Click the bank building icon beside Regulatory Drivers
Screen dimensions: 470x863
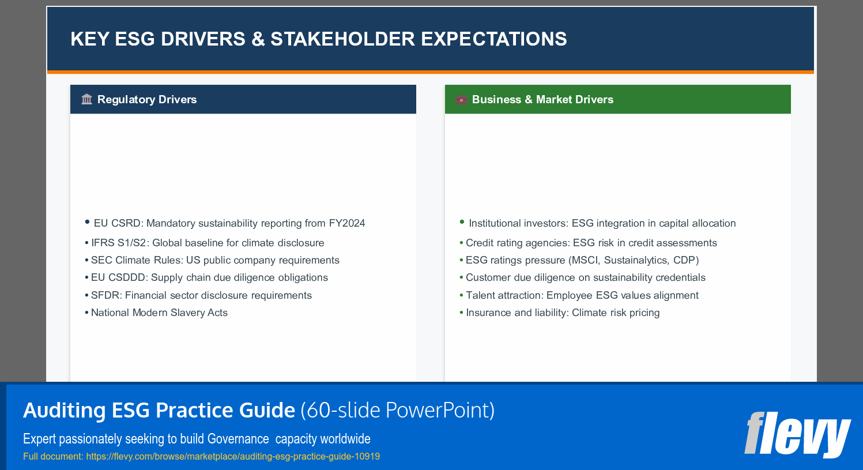tap(86, 99)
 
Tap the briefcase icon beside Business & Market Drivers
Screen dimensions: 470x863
tap(461, 100)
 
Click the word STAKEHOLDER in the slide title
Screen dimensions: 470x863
tap(342, 39)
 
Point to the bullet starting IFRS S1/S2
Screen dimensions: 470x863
tap(207, 243)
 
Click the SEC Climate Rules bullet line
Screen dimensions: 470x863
tap(214, 260)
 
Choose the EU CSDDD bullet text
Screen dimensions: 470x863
tap(209, 277)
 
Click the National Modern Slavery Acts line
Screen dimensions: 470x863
tap(159, 313)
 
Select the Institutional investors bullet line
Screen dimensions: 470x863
tap(602, 223)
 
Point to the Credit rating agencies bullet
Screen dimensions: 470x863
tap(591, 243)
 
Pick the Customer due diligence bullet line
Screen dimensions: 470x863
tap(585, 277)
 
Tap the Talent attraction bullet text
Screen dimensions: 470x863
tap(582, 295)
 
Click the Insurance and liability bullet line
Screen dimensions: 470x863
tap(563, 313)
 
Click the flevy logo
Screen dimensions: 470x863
tap(797, 434)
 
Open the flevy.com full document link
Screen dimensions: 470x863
tap(233, 457)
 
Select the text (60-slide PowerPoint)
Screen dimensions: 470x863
tap(397, 411)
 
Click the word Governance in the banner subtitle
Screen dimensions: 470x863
tap(238, 439)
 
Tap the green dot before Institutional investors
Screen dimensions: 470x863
tap(462, 222)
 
